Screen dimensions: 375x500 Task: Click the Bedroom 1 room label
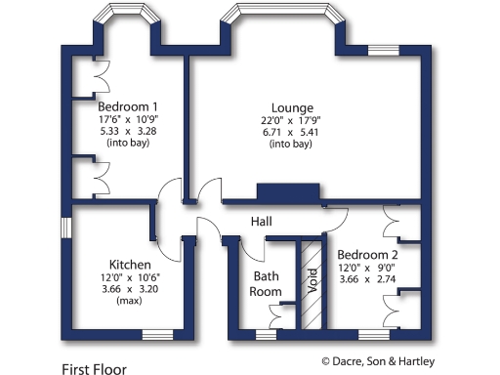(x=127, y=106)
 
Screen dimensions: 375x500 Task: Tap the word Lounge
(x=292, y=106)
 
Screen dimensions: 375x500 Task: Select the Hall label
(x=261, y=222)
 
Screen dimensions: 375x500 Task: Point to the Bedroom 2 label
(x=367, y=253)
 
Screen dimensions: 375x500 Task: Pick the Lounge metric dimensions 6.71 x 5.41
(x=292, y=132)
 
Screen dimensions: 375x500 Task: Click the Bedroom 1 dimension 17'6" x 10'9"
(x=128, y=119)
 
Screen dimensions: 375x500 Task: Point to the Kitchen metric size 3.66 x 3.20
(x=128, y=290)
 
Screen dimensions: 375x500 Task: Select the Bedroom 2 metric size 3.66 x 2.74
(x=367, y=278)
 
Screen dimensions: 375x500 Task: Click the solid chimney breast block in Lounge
(x=287, y=192)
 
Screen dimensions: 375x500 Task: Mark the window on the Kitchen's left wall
(x=64, y=227)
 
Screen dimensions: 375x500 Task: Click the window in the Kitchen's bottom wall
(x=156, y=335)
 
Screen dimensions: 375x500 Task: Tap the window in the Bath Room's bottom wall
(x=264, y=335)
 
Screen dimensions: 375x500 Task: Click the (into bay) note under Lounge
(x=292, y=145)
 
